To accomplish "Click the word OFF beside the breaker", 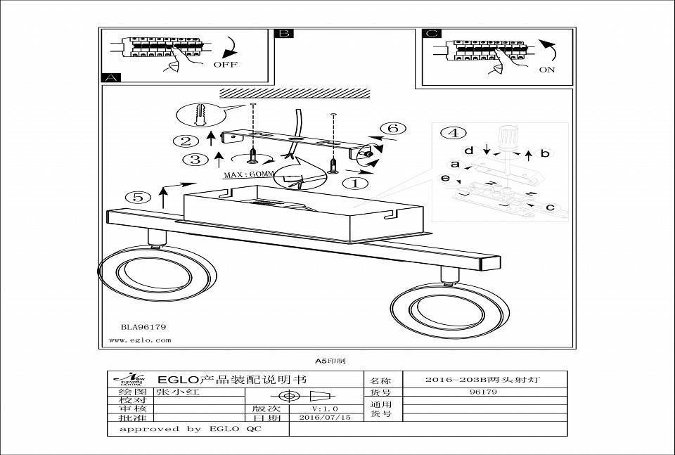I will [226, 65].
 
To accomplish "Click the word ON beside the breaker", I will [546, 70].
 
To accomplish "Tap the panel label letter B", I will [284, 33].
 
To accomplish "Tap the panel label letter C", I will [432, 33].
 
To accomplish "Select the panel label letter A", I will [111, 77].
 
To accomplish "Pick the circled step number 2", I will [185, 141].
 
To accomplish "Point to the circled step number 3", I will [194, 160].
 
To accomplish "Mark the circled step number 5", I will [138, 197].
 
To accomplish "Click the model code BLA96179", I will [143, 327].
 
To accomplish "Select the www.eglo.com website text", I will [141, 340].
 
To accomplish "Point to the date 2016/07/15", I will [325, 417].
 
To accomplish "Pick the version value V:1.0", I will [325, 408].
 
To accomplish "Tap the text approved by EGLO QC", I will [190, 428].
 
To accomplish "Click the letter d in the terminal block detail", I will [468, 150].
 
